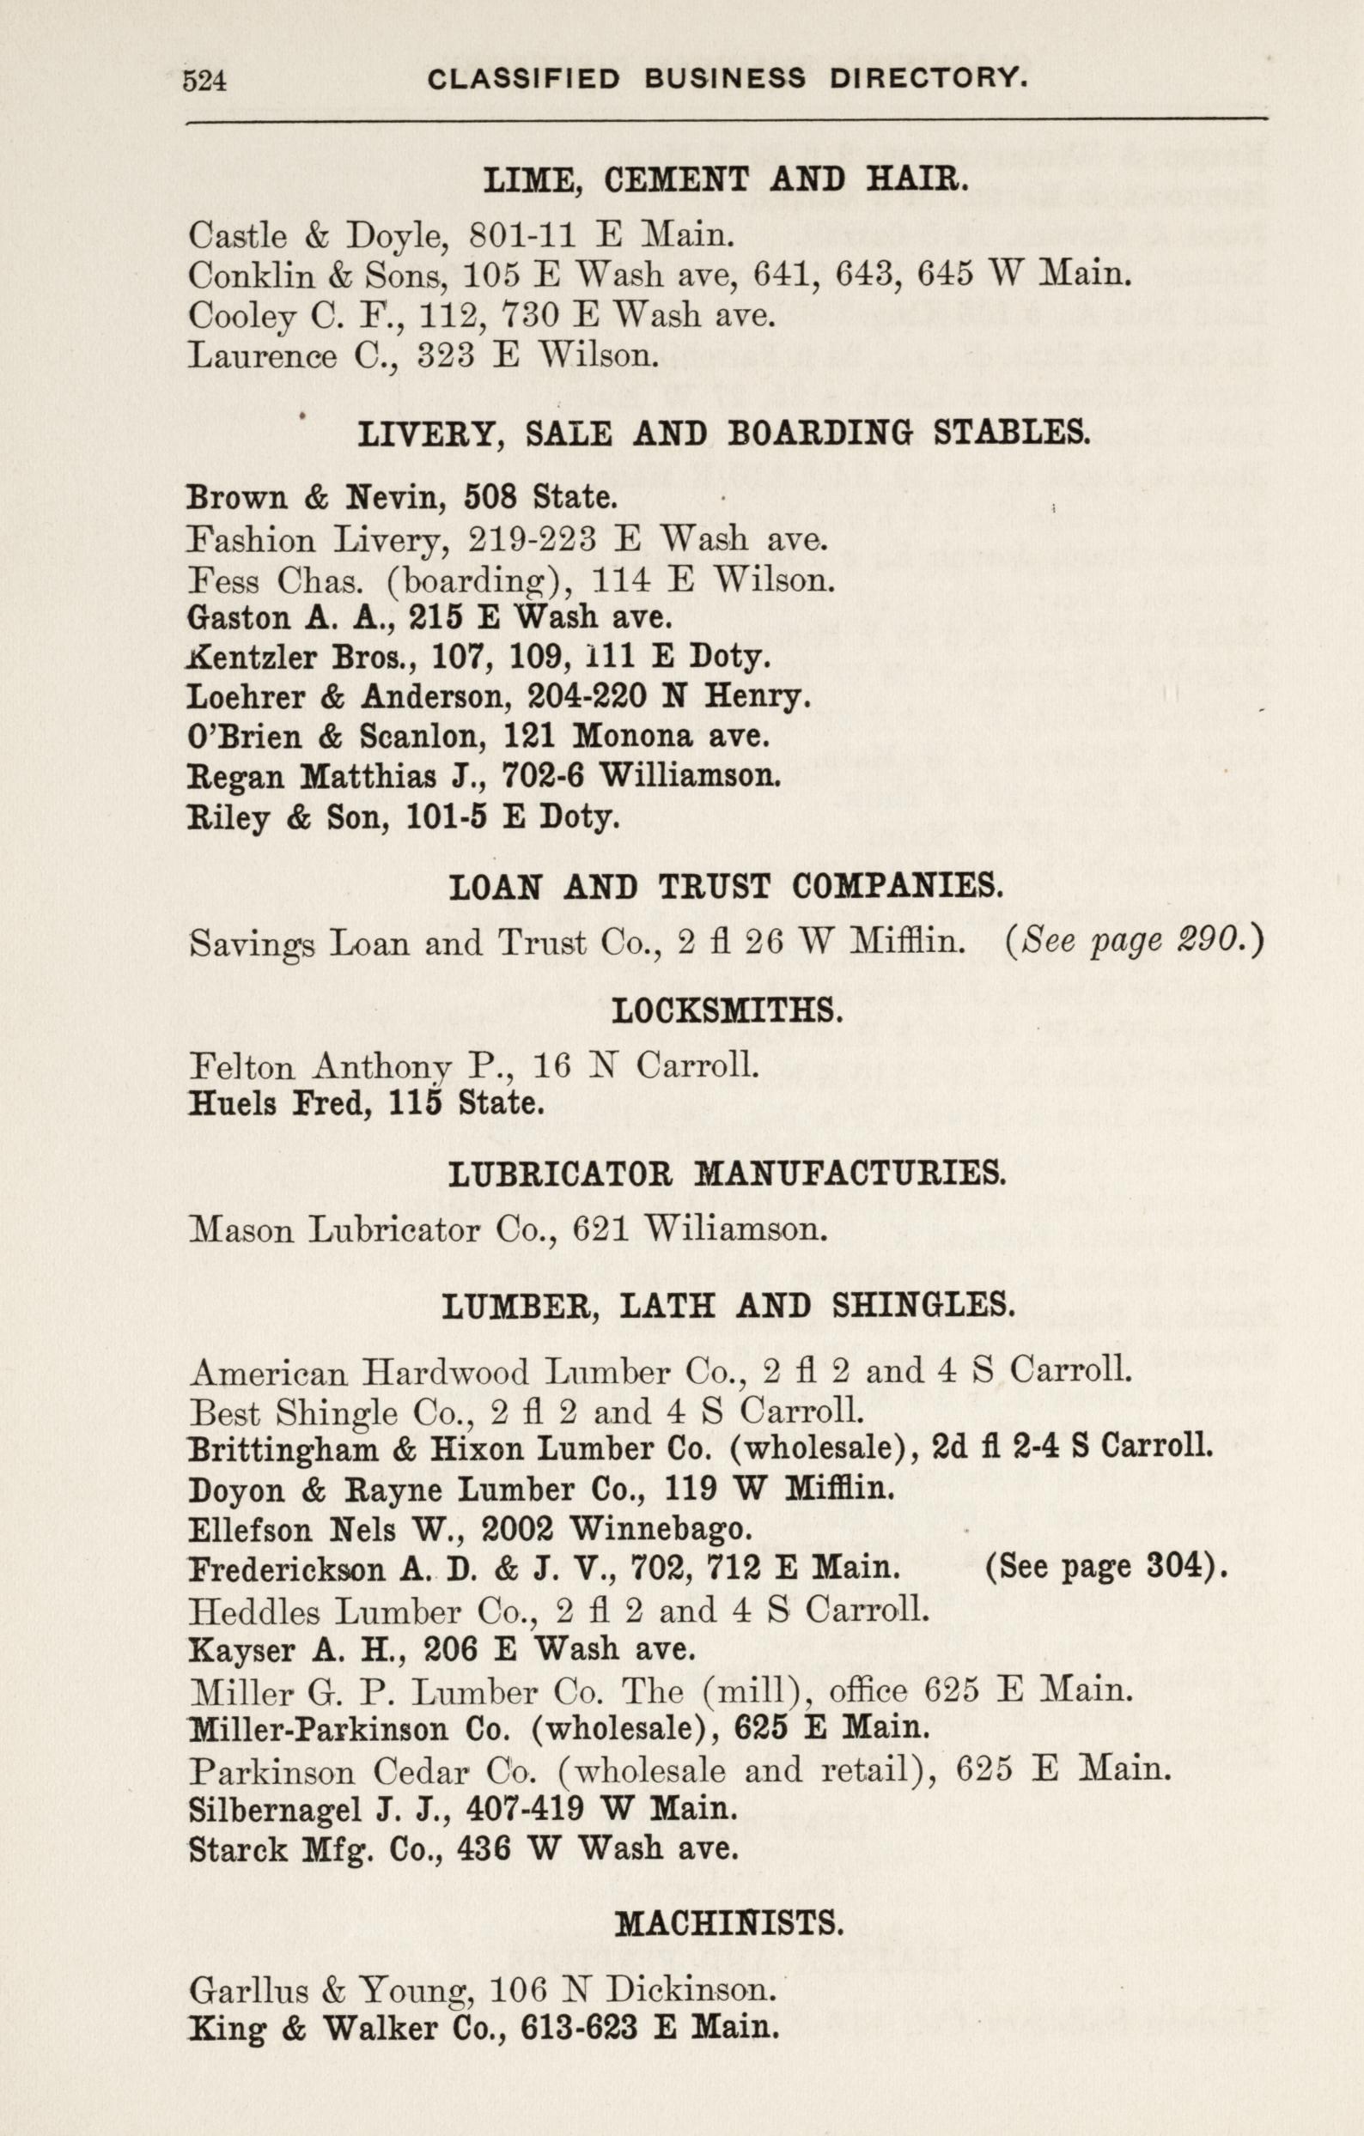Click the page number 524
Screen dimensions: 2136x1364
pos(204,82)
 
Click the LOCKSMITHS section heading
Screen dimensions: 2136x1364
pos(727,1011)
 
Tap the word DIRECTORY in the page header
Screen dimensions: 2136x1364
pos(929,80)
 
